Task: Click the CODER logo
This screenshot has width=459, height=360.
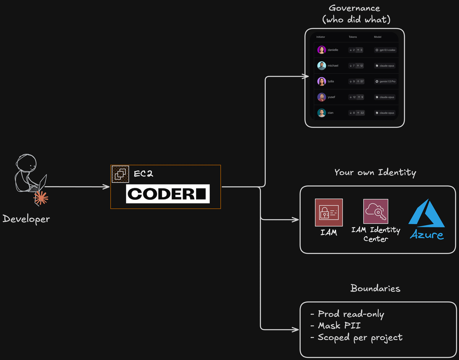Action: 168,194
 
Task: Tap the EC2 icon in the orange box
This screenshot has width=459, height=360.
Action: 120,174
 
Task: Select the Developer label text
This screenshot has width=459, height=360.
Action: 26,219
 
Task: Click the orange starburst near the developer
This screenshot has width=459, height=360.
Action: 41,198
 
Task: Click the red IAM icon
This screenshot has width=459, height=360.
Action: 329,212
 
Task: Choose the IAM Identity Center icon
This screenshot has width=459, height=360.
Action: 376,212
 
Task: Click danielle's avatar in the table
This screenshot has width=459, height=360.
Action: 321,50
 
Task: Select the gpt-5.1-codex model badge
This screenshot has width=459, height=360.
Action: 386,50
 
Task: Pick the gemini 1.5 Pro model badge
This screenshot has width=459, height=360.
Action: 386,81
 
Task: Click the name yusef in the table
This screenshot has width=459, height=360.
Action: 331,97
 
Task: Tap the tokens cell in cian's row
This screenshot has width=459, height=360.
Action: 356,113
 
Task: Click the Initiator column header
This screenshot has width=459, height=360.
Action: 321,37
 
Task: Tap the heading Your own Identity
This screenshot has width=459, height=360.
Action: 375,172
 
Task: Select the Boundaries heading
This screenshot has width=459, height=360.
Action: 375,288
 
